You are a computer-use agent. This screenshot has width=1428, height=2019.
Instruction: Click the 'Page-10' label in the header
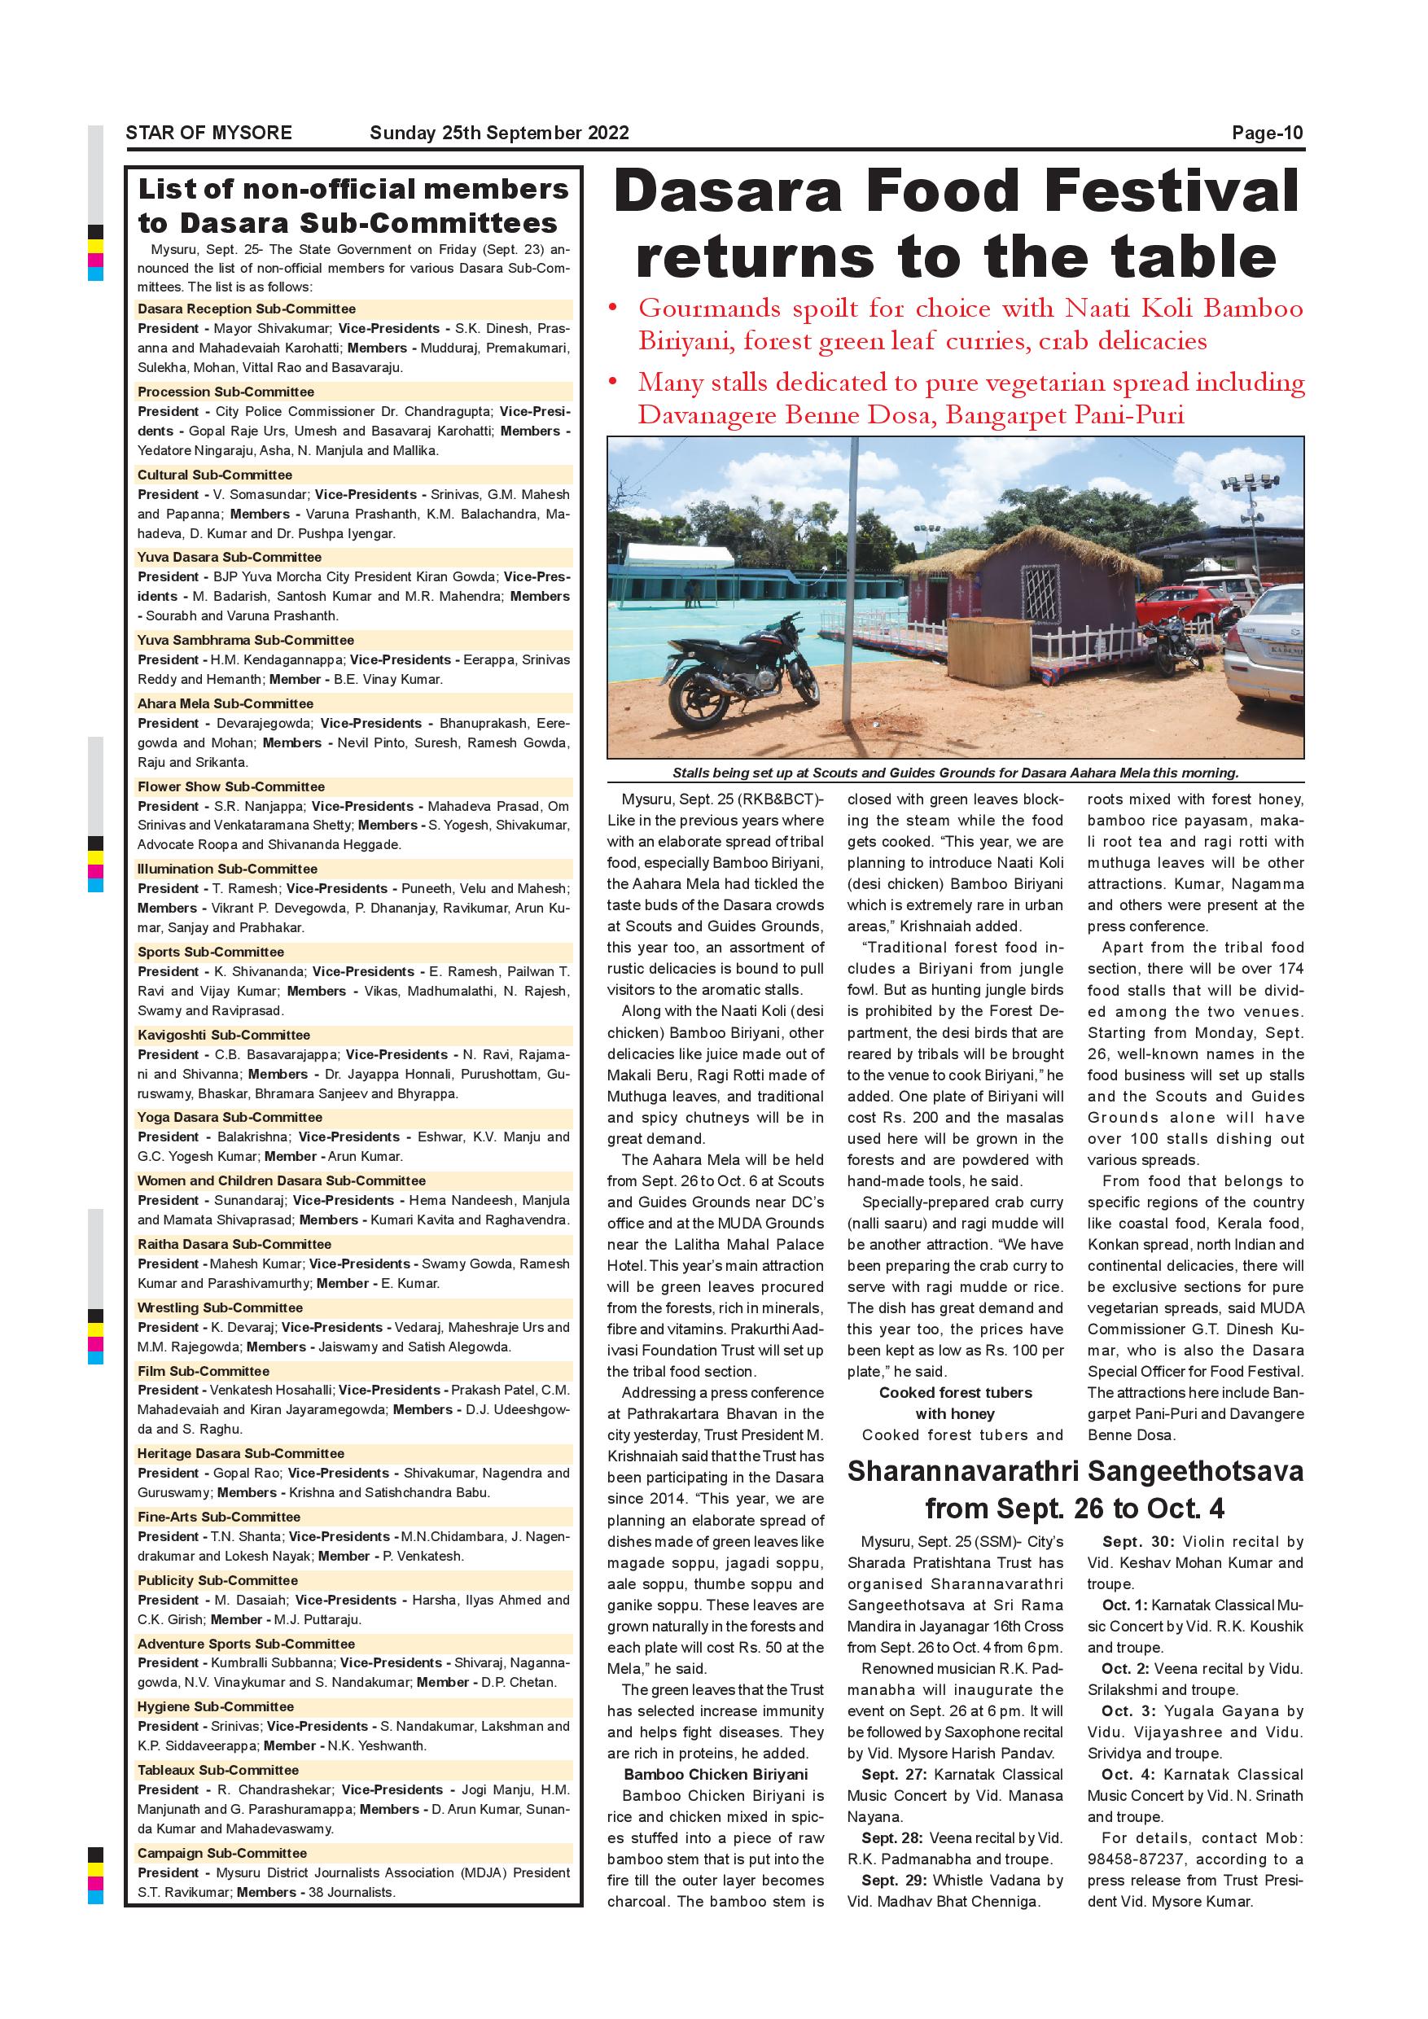click(1266, 133)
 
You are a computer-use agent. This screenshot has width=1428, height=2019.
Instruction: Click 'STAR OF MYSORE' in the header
click(208, 133)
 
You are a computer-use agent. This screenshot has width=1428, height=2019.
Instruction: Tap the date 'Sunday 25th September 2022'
click(498, 133)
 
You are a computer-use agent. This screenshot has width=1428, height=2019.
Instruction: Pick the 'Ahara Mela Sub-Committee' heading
click(225, 703)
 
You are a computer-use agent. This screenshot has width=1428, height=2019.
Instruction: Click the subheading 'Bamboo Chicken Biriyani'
click(715, 1775)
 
